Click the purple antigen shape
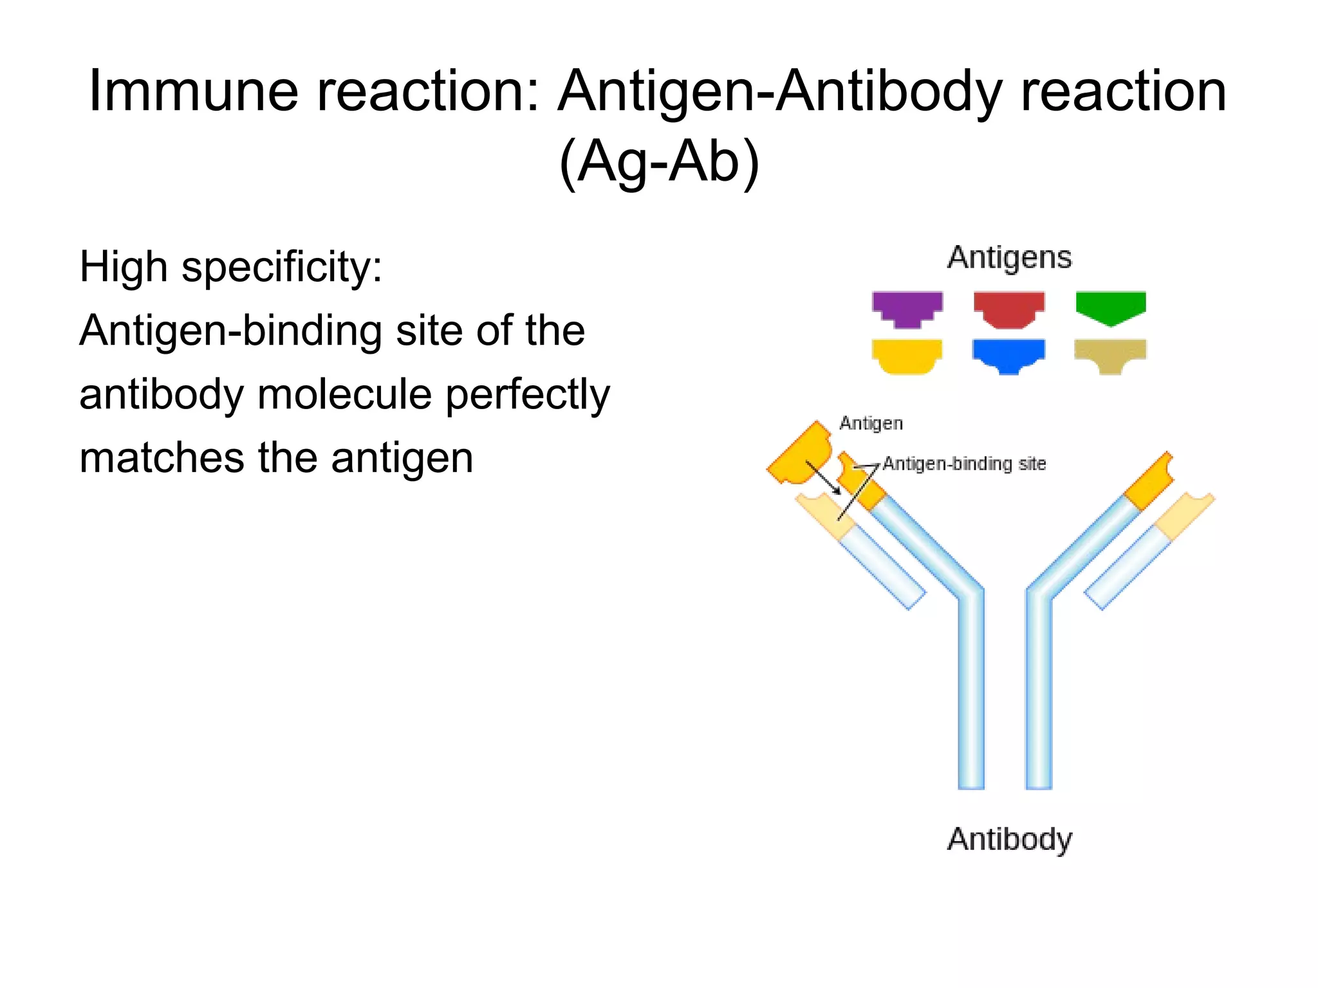pyautogui.click(x=907, y=307)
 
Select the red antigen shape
pyautogui.click(x=1008, y=307)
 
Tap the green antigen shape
pyautogui.click(x=1111, y=306)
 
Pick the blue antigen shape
pyautogui.click(x=1008, y=354)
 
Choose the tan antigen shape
pyautogui.click(x=1110, y=354)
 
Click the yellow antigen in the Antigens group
pyautogui.click(x=907, y=355)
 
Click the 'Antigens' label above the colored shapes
pyautogui.click(x=1009, y=257)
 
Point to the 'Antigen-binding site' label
pyautogui.click(x=964, y=464)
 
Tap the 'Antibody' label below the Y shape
pyautogui.click(x=1009, y=839)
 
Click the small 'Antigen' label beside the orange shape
pyautogui.click(x=871, y=423)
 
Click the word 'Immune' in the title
pyautogui.click(x=193, y=91)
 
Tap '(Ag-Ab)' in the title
pyautogui.click(x=659, y=161)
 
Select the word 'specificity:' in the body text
pyautogui.click(x=282, y=267)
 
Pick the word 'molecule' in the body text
pyautogui.click(x=344, y=394)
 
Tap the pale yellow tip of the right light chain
pyautogui.click(x=1184, y=515)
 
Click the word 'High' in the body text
pyautogui.click(x=124, y=267)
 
